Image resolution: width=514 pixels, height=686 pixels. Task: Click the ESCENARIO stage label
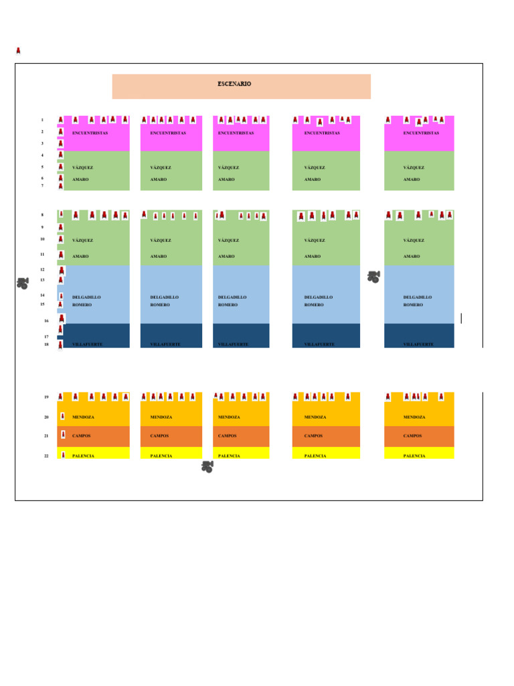coord(234,84)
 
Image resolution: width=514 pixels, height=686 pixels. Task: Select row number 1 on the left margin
coord(42,121)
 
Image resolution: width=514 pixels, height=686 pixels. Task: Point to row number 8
coord(42,215)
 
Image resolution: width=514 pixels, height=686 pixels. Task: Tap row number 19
coord(46,397)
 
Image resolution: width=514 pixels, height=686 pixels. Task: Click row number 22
coord(46,456)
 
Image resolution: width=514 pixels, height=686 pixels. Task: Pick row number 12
coord(42,270)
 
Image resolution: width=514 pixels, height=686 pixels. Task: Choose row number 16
coord(46,321)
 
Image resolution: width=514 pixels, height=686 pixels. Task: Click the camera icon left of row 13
coord(23,283)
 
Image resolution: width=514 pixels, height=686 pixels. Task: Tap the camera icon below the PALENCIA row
coord(207,466)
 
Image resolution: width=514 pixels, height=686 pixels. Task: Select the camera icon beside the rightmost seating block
coord(373,277)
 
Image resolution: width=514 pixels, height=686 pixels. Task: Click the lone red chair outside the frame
coord(18,51)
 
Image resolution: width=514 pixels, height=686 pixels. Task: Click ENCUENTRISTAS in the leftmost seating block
coord(90,133)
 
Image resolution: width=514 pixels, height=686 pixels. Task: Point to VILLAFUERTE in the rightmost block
coord(418,344)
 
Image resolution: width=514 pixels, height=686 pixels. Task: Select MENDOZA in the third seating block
coord(229,417)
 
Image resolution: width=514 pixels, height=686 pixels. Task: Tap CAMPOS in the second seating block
coord(159,436)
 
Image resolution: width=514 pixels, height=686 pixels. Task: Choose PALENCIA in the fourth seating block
coord(315,456)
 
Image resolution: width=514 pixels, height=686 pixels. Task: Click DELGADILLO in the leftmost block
coord(86,297)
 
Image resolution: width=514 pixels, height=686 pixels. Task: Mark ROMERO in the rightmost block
coord(413,305)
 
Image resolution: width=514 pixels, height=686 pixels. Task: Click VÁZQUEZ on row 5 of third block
coord(228,168)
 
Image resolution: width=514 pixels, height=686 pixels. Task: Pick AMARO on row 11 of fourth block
coord(313,257)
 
